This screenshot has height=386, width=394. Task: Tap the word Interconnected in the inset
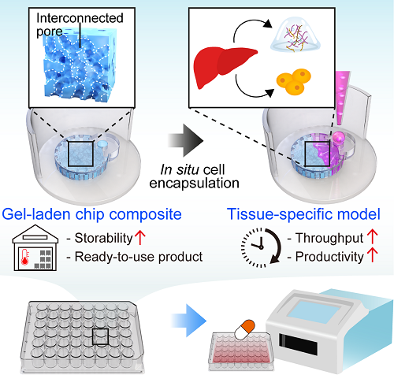coord(80,18)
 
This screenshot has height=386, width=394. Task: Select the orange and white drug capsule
coord(244,329)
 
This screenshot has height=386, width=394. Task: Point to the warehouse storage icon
coord(35,247)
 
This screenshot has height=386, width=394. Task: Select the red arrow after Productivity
coord(373,255)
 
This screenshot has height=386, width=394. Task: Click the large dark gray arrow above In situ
coord(185,140)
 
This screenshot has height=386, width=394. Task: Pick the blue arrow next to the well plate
coord(188,321)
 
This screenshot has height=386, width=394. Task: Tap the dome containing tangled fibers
coord(295,36)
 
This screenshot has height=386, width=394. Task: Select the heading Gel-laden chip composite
coord(91,214)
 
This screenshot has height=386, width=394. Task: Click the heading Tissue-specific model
coord(303,214)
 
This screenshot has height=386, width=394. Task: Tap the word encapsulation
coord(194,183)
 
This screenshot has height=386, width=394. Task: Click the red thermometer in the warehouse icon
coord(25,258)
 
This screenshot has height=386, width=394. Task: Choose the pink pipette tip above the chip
coord(342,98)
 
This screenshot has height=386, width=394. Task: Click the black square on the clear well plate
coord(100,336)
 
